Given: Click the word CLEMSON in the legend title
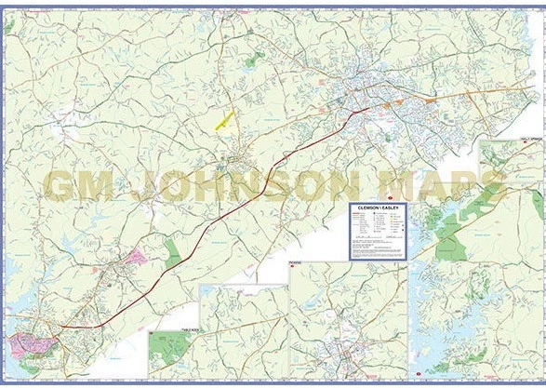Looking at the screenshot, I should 366,208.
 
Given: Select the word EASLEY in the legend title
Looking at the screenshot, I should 390,208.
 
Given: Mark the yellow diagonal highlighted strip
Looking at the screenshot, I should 225,120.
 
